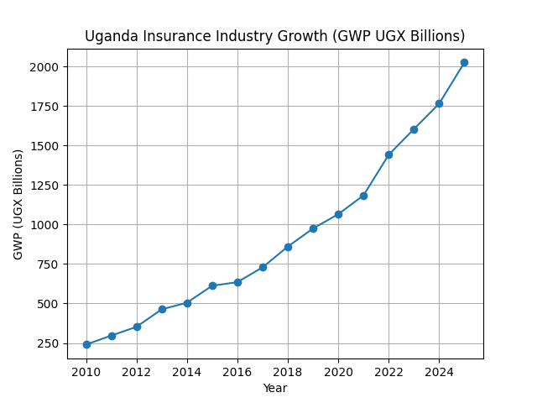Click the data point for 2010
coord(86,344)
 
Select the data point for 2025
coord(464,62)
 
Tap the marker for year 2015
coord(212,285)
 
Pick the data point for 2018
coord(288,247)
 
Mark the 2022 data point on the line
coord(388,154)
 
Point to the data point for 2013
coord(162,309)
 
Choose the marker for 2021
coord(363,196)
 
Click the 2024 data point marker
coord(439,103)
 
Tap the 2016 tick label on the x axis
coord(237,371)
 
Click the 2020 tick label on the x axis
coord(338,371)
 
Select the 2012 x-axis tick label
coord(137,371)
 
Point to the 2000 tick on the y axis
coord(44,67)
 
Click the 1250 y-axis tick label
coord(44,186)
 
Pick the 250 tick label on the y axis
coord(48,343)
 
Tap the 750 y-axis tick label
coord(48,264)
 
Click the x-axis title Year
coord(275,388)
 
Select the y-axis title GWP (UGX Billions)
coord(18,204)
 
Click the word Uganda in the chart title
coord(108,36)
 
